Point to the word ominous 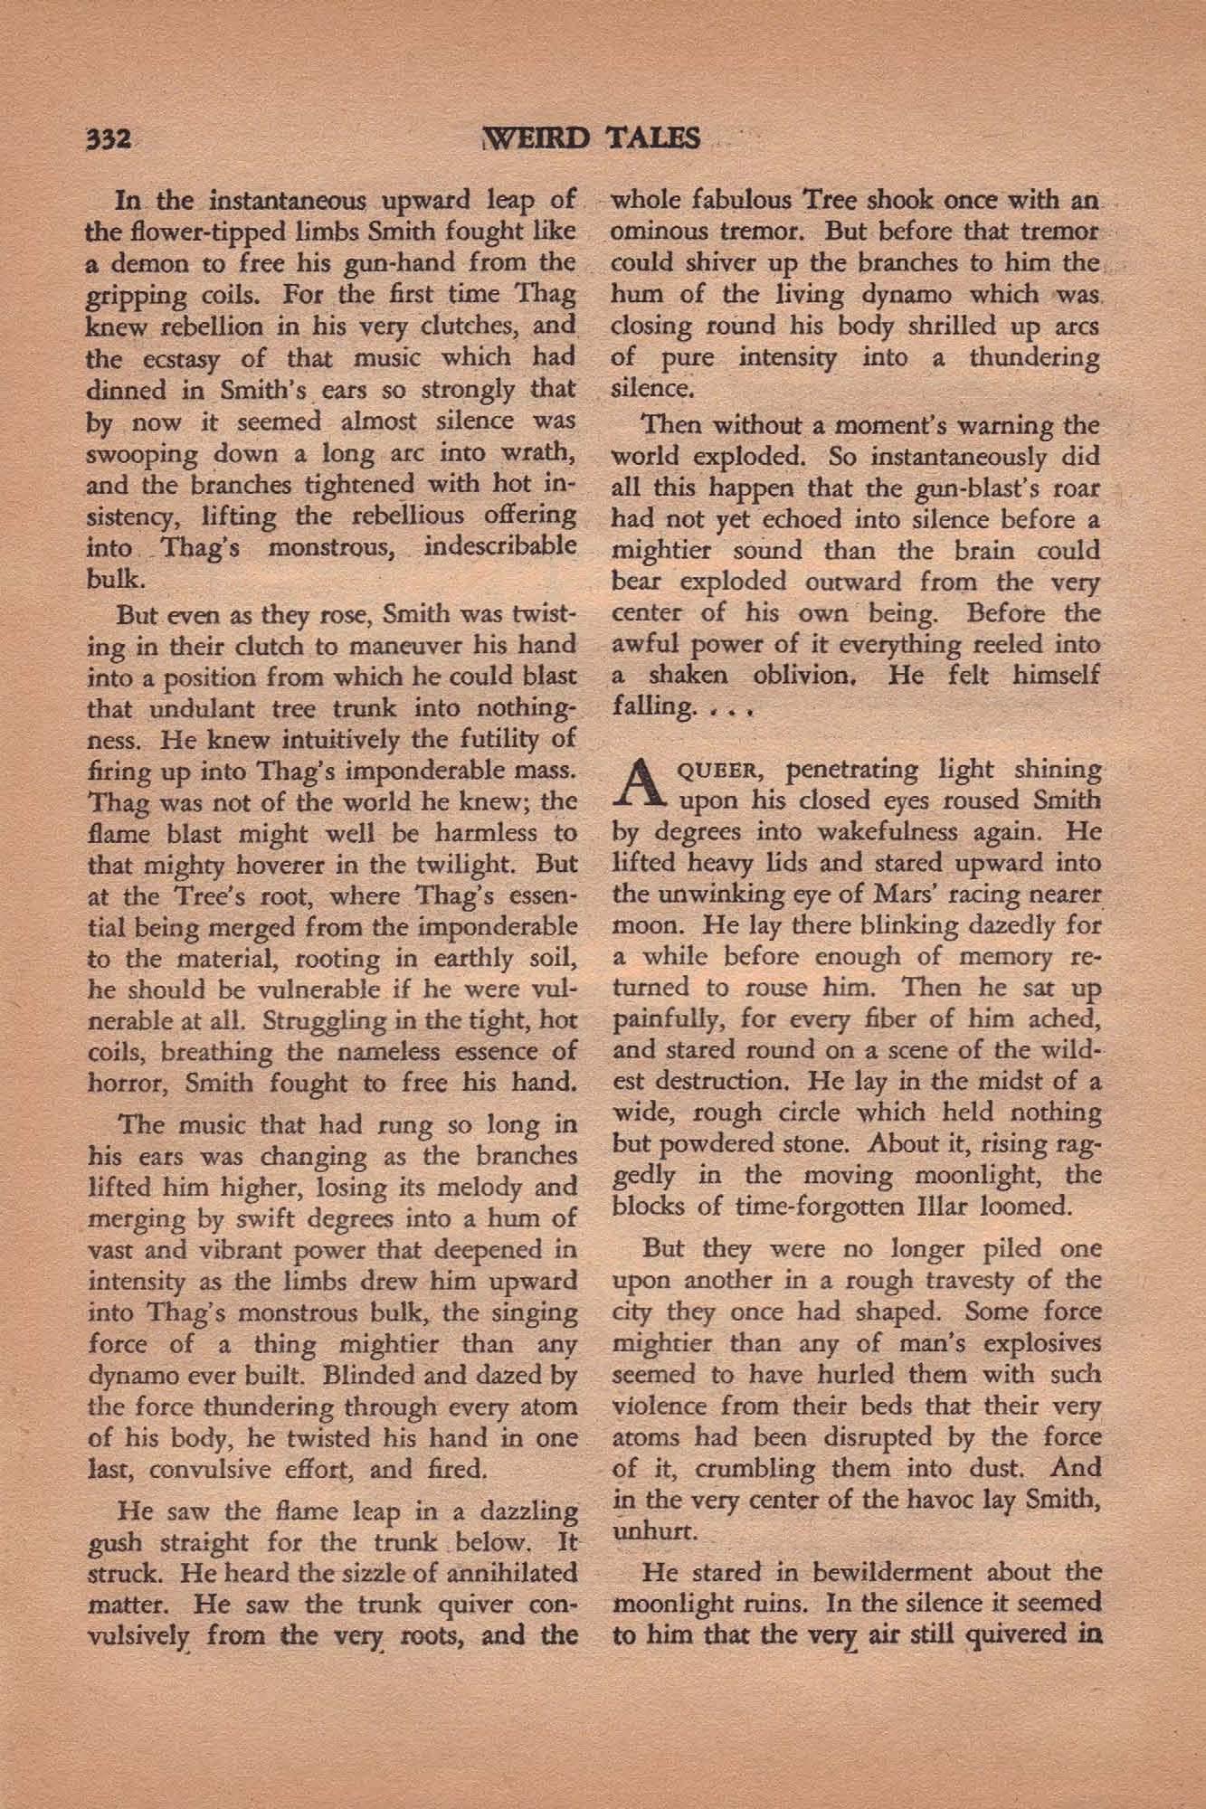pos(660,232)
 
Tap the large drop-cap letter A pos(638,785)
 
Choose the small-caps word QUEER pos(720,771)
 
